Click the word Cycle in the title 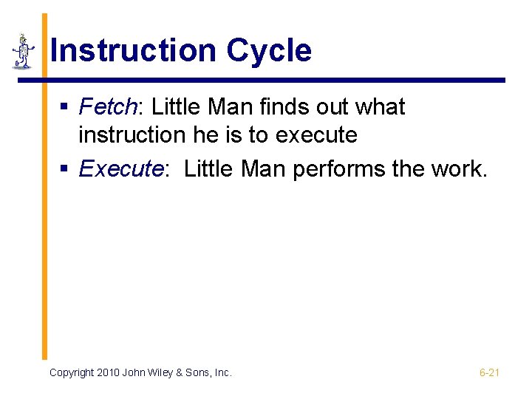(269, 51)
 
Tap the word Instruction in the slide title (133, 51)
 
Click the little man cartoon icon (23, 52)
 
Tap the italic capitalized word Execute (120, 169)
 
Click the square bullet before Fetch (65, 108)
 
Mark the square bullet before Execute (65, 170)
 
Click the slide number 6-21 (489, 373)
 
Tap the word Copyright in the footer (72, 373)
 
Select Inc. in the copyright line (223, 373)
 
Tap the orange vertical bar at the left (44, 222)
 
